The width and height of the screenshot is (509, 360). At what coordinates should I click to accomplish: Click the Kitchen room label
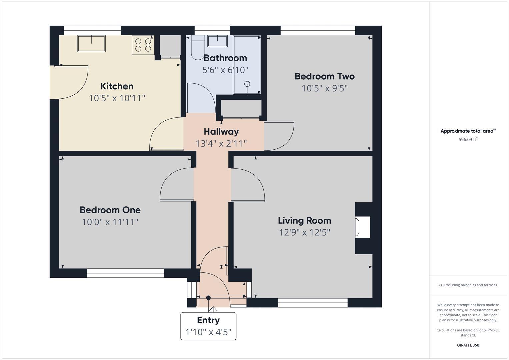(x=117, y=86)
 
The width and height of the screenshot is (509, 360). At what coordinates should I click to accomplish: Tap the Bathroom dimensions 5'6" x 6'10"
(x=225, y=70)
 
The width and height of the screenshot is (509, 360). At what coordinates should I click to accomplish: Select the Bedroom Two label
(x=324, y=76)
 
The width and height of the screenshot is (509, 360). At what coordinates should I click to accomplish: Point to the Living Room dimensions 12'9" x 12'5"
(x=304, y=232)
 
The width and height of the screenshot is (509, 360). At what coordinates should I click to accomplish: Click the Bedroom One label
(x=110, y=210)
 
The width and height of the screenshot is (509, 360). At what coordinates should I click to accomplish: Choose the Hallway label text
(x=221, y=132)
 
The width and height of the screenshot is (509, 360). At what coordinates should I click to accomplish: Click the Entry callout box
(x=208, y=326)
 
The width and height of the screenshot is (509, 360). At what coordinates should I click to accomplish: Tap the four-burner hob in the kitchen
(x=143, y=45)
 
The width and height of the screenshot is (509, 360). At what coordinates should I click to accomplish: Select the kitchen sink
(x=91, y=44)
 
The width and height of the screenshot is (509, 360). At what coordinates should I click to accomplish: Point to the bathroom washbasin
(x=217, y=41)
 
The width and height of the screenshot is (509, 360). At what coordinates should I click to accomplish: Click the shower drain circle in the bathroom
(x=247, y=84)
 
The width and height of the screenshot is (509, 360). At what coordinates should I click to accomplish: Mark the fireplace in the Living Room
(x=363, y=227)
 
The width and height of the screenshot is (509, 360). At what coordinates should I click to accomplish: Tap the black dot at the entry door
(x=208, y=298)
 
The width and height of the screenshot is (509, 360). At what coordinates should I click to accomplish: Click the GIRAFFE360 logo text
(x=468, y=345)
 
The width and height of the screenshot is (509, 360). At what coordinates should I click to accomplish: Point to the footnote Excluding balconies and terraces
(x=468, y=285)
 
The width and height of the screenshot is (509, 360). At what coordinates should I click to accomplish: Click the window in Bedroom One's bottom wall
(x=125, y=273)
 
